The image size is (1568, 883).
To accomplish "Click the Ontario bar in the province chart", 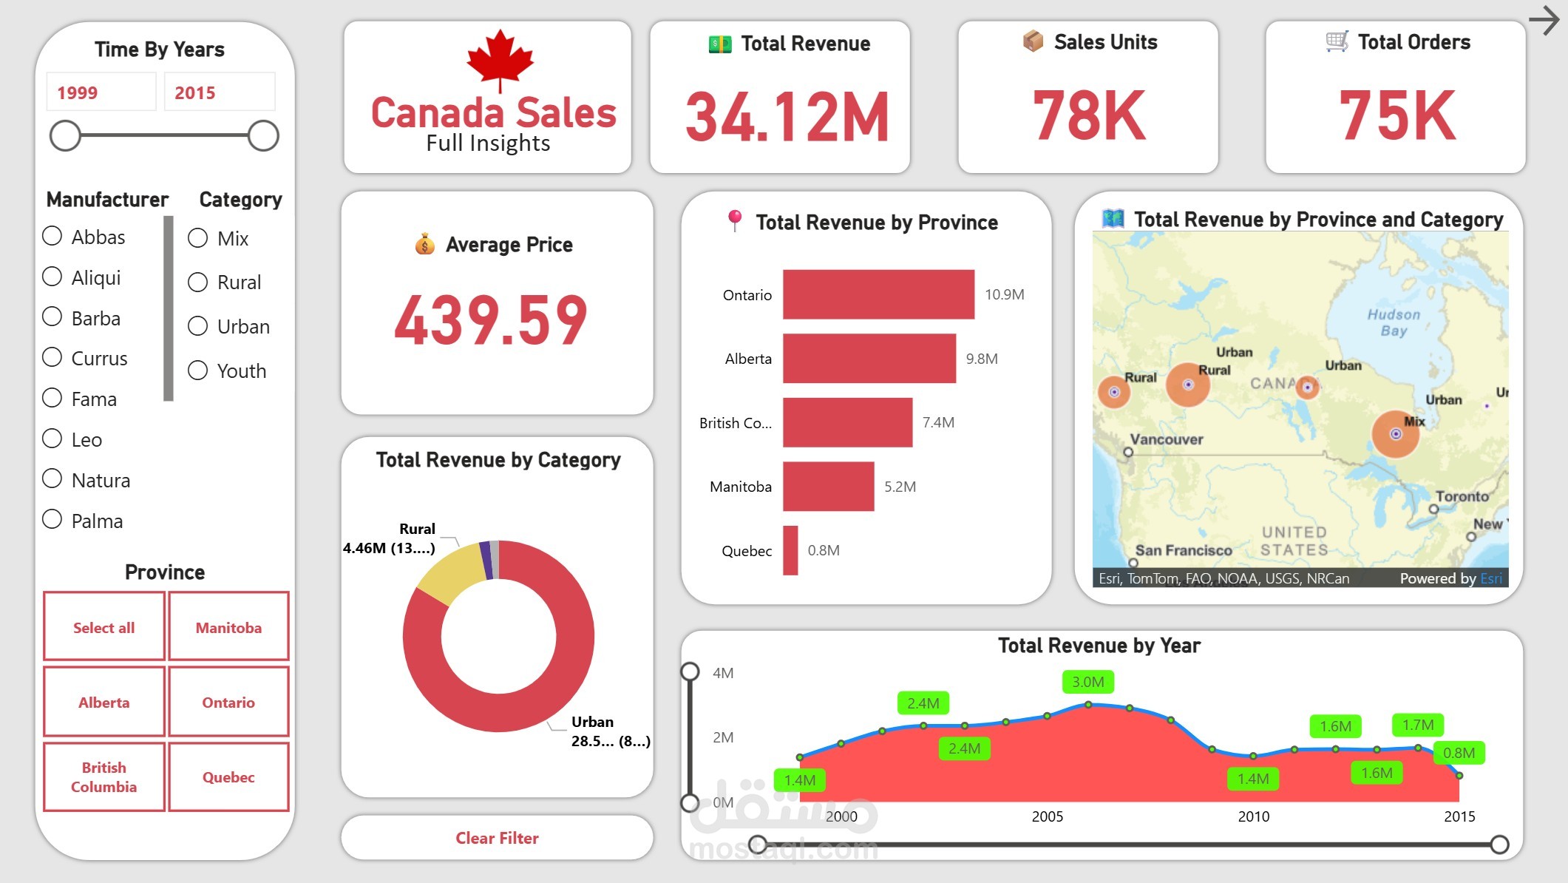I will (878, 294).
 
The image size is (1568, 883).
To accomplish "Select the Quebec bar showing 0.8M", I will (790, 550).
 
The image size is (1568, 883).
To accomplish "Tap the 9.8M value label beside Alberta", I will (981, 359).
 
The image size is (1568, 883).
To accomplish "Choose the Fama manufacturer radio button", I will (52, 399).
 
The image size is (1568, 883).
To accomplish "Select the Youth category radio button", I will (197, 371).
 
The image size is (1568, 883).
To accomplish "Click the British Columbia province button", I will (104, 777).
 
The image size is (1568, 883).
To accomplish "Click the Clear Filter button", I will (497, 838).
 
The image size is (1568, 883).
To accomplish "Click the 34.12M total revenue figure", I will (787, 117).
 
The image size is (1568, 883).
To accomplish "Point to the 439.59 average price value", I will (491, 320).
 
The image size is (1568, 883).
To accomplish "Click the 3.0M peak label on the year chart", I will (1087, 682).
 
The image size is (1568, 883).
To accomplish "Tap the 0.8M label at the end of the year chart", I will (1459, 753).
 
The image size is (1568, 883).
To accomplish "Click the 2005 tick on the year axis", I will (1047, 816).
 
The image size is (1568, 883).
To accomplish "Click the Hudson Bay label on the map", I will (1394, 322).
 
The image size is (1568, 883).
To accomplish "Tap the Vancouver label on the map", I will (1166, 439).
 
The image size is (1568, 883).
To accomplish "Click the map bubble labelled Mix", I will (1395, 434).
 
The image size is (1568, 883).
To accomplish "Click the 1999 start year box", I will (101, 92).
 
